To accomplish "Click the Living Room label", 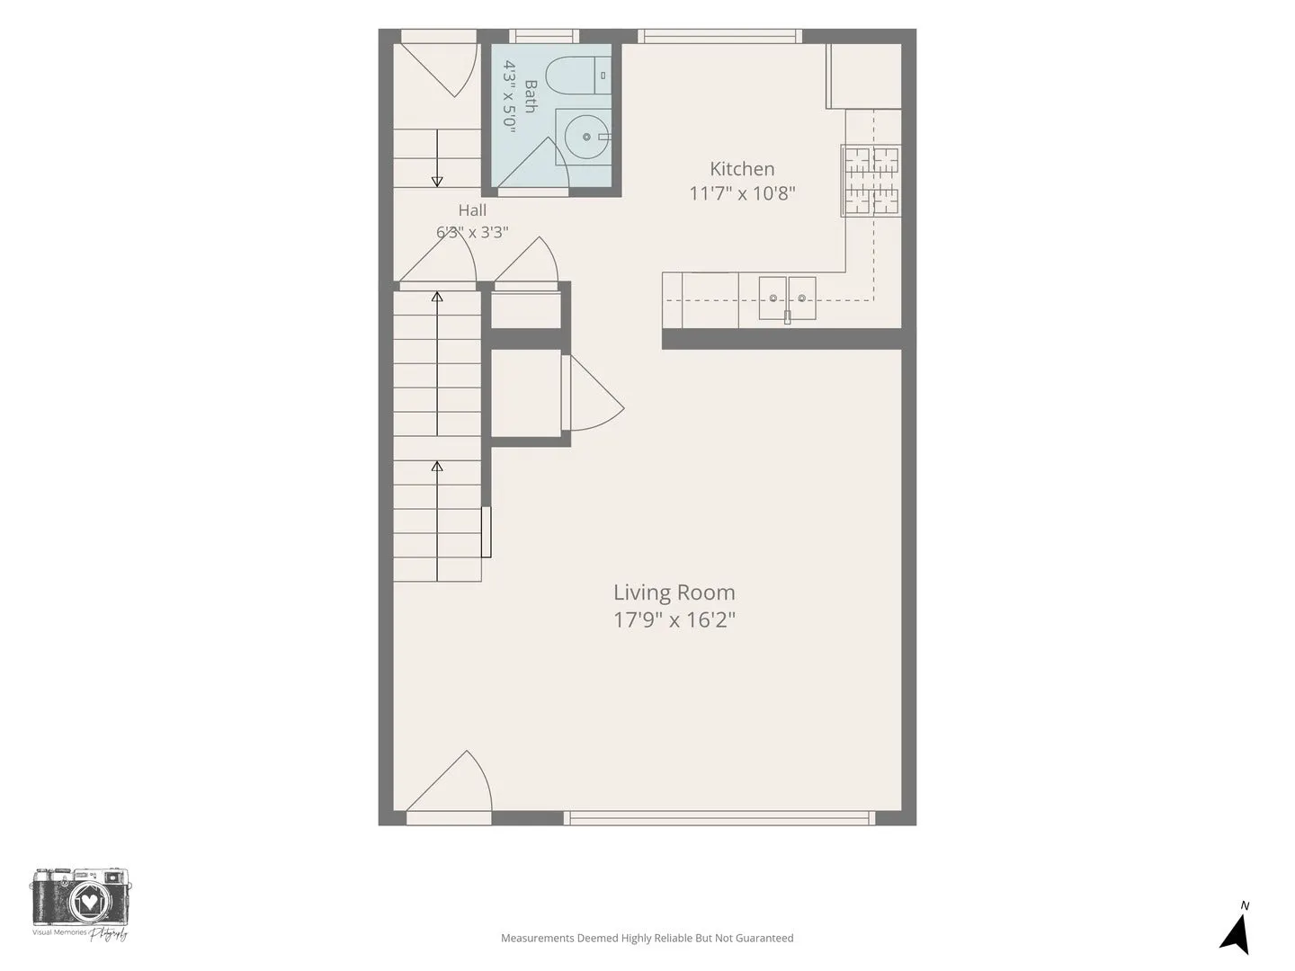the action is tap(674, 592).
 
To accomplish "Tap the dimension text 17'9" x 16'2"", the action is tap(674, 620).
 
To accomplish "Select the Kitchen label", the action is tap(742, 169).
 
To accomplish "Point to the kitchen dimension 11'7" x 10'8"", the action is tap(742, 193).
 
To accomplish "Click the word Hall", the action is tap(472, 209).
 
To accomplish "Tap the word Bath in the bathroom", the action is tap(531, 97).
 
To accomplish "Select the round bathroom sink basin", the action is tap(586, 137).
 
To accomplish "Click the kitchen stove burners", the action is tap(871, 181).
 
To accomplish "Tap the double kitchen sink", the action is tap(787, 298).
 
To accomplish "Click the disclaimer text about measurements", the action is tap(647, 938).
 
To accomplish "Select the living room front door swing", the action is tap(450, 782).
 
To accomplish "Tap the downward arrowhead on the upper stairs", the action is tap(436, 182).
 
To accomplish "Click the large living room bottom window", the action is tap(719, 818).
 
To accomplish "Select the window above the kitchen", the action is tap(720, 36).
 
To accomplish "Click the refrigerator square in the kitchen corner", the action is tap(863, 76).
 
